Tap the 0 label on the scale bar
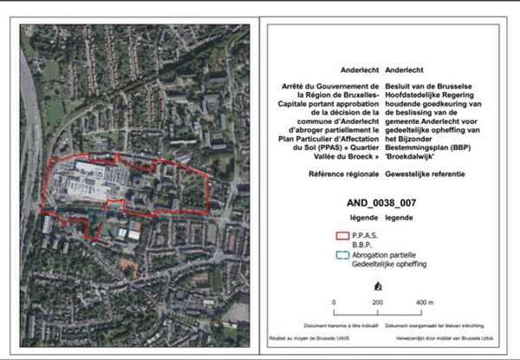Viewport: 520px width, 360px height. point(335,302)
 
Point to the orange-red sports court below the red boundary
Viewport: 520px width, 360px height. point(132,233)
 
